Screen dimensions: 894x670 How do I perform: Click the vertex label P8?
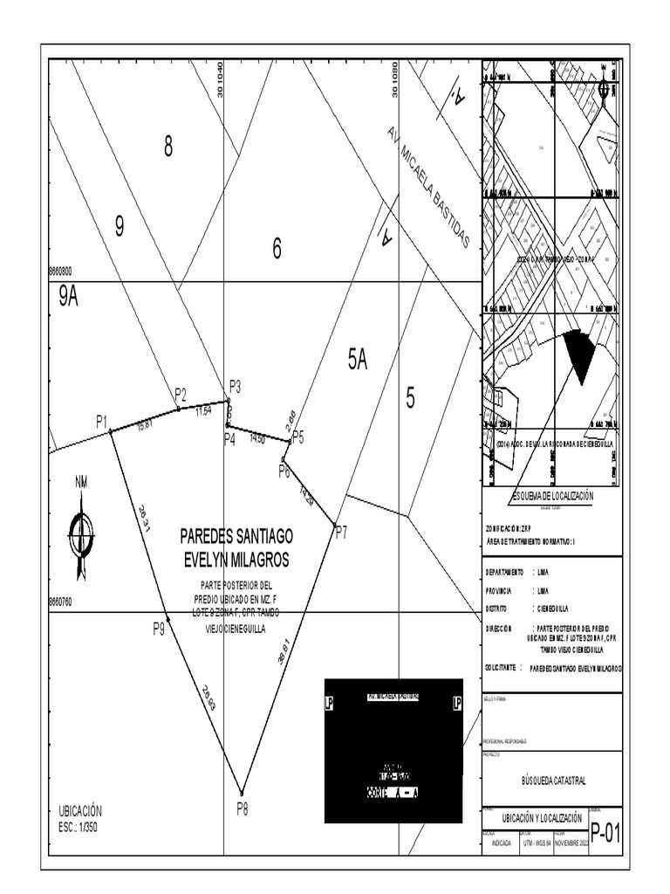click(x=243, y=809)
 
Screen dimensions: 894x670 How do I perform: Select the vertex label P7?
click(x=340, y=532)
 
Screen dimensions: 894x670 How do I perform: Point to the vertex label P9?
click(x=158, y=627)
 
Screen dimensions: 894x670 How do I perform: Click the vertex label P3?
click(x=235, y=386)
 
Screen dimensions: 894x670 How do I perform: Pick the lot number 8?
click(x=167, y=148)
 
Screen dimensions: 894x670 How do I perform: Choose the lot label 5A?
click(x=358, y=359)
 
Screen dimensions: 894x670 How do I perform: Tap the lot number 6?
click(x=277, y=250)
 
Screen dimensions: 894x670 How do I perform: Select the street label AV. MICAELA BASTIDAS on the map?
click(x=428, y=187)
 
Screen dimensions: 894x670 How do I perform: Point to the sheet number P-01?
click(x=605, y=833)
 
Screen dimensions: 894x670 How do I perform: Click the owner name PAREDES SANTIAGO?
click(x=236, y=534)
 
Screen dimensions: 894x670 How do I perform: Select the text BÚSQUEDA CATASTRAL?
click(x=551, y=781)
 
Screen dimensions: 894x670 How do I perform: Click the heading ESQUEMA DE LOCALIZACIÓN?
click(x=552, y=496)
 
